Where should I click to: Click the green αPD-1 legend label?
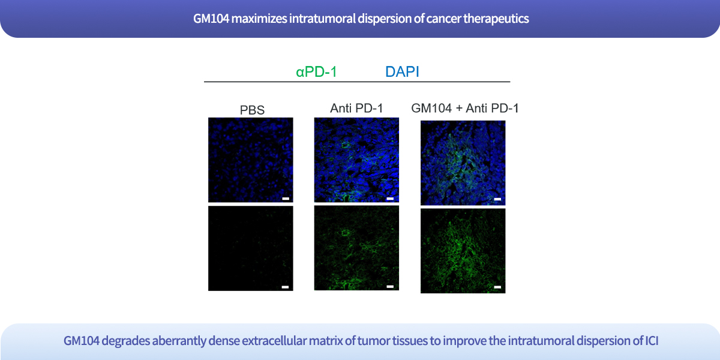tap(316, 71)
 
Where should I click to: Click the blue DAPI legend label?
tap(402, 71)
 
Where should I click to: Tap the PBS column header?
tap(252, 110)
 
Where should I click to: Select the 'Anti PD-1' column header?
tap(356, 109)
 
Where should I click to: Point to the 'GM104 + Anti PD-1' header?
tap(465, 109)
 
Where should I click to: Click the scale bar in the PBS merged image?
tap(286, 199)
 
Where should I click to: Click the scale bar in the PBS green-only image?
tap(285, 287)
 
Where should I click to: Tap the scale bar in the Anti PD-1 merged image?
tap(390, 199)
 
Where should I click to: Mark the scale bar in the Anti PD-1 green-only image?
tap(390, 286)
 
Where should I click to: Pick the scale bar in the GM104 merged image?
tap(497, 199)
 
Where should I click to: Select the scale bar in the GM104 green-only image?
tap(497, 287)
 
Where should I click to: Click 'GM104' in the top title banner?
tap(211, 19)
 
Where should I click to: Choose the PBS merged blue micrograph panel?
tap(251, 160)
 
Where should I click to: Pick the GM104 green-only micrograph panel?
tap(463, 251)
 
